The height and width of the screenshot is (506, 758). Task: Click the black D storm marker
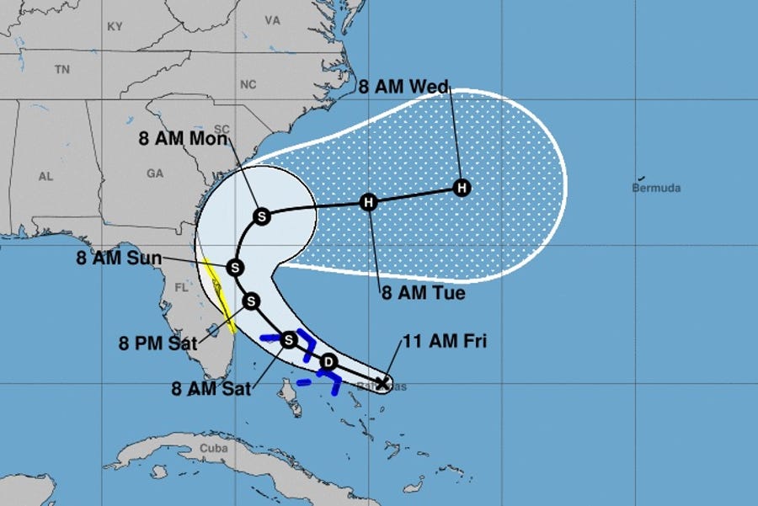[328, 362]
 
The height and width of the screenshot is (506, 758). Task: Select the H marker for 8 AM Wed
[461, 187]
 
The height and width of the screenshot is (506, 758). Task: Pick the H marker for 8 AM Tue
[368, 202]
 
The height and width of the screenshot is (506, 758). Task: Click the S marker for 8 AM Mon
[261, 216]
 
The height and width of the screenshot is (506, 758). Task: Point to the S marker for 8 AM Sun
[235, 268]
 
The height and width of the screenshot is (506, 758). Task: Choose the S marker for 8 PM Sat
[251, 301]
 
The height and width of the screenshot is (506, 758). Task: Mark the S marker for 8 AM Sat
[289, 339]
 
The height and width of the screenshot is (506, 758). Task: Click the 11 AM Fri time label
[445, 341]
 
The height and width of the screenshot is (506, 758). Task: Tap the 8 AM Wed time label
[403, 86]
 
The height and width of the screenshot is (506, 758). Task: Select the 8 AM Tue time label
[423, 294]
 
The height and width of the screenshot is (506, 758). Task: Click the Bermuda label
[656, 188]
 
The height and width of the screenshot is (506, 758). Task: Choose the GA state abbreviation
[155, 173]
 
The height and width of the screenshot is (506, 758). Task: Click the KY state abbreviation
[115, 27]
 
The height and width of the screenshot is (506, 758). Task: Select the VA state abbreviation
[271, 19]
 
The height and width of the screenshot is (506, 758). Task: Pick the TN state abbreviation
[61, 70]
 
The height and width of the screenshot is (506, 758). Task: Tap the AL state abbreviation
[45, 177]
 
